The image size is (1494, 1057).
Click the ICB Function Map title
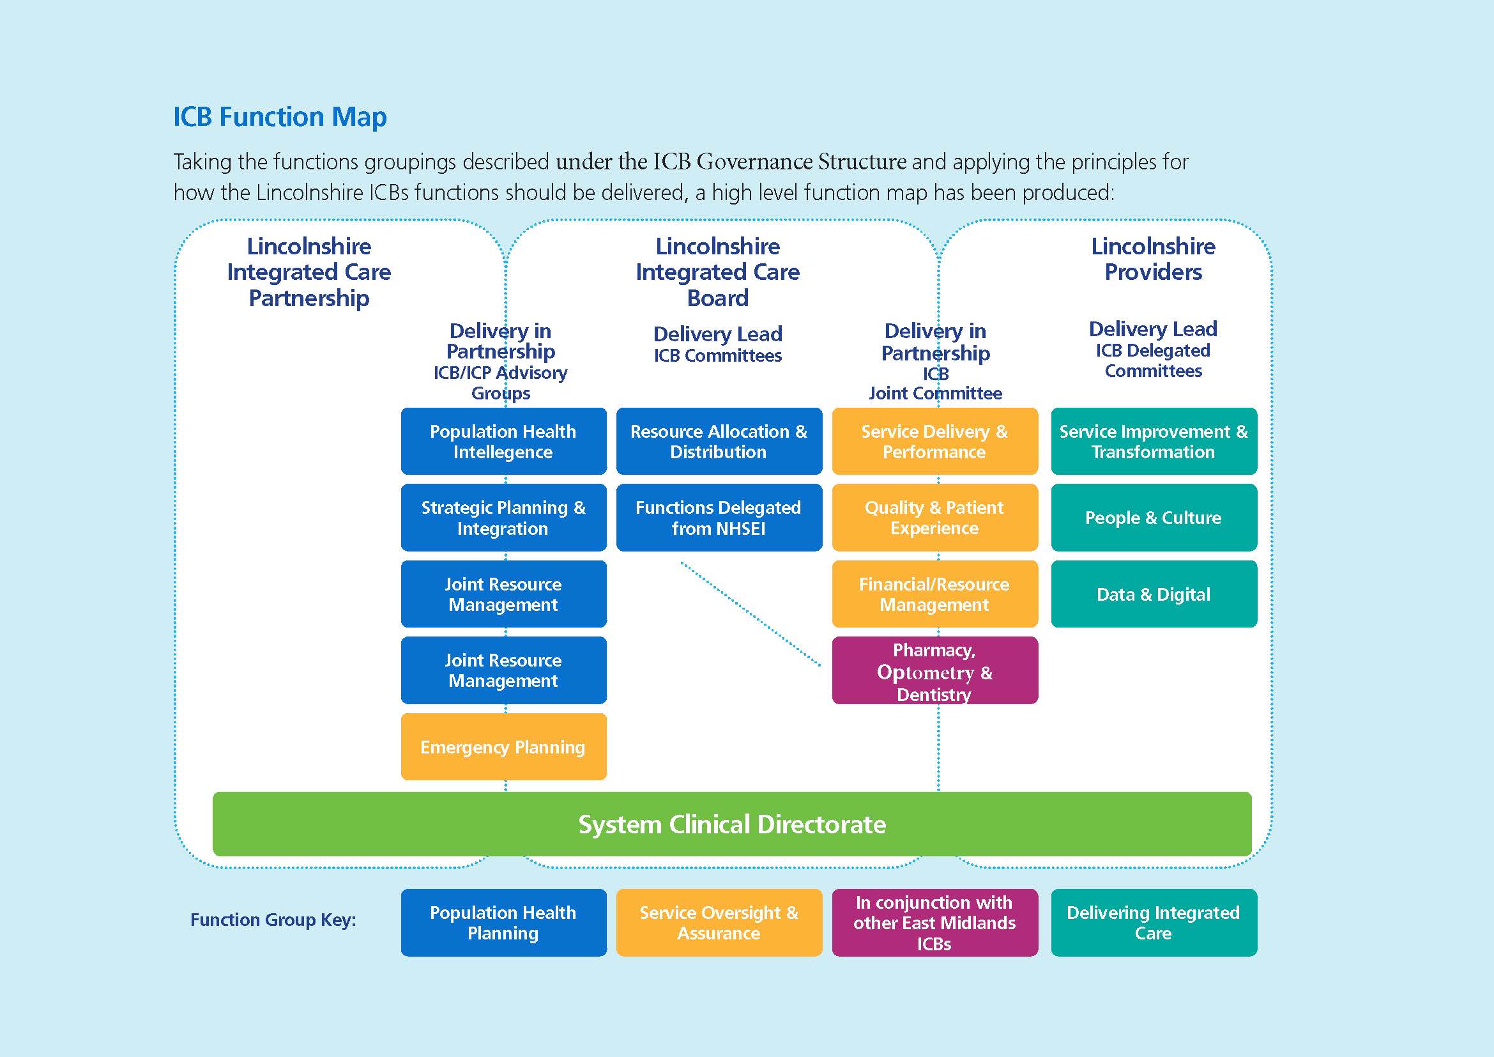pyautogui.click(x=280, y=117)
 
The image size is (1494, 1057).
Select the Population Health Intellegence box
pyautogui.click(x=503, y=442)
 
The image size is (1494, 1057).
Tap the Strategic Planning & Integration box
pyautogui.click(x=503, y=518)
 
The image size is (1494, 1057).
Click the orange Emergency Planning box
pyautogui.click(x=503, y=746)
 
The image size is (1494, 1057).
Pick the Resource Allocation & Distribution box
pyautogui.click(x=719, y=442)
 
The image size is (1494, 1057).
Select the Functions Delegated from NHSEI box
pyautogui.click(x=719, y=518)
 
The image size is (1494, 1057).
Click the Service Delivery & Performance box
pyautogui.click(x=934, y=442)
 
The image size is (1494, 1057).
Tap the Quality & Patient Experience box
pyautogui.click(x=934, y=518)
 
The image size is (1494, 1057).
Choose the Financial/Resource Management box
pyautogui.click(x=934, y=594)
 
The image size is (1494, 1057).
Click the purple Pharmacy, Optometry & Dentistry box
pyautogui.click(x=934, y=670)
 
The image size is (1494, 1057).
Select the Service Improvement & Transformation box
pyautogui.click(x=1153, y=442)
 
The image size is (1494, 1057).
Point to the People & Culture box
pyautogui.click(x=1153, y=518)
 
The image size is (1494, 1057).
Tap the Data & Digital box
pyautogui.click(x=1153, y=594)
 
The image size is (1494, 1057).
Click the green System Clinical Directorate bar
pyautogui.click(x=731, y=824)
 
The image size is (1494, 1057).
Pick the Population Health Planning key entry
pyautogui.click(x=503, y=922)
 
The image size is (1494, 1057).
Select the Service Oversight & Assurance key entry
pyautogui.click(x=719, y=922)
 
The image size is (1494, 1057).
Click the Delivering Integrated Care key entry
pyautogui.click(x=1153, y=922)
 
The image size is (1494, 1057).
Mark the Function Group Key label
pyautogui.click(x=273, y=920)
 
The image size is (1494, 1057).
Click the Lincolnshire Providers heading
pyautogui.click(x=1153, y=258)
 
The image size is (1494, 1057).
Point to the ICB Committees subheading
pyautogui.click(x=718, y=355)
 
